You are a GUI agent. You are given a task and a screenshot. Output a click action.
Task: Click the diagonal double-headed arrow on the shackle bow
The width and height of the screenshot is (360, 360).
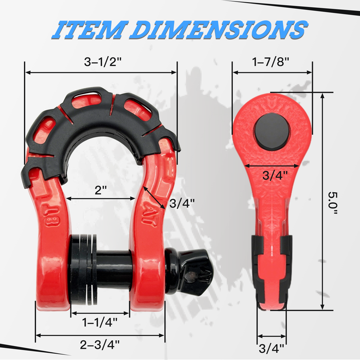pos(154,196)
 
